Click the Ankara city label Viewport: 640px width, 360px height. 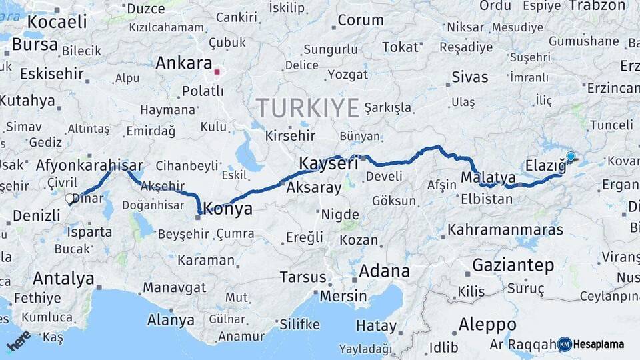(x=183, y=63)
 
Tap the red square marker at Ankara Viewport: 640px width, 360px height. (x=217, y=69)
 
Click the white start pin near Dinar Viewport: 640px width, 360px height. (x=69, y=198)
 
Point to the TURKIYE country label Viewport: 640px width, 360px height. (x=308, y=108)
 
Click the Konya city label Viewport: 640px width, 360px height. (x=228, y=209)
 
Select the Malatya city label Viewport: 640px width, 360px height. (x=488, y=178)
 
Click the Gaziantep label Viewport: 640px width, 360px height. (x=513, y=265)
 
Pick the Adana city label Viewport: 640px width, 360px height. (x=384, y=271)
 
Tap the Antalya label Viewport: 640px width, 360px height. (x=63, y=278)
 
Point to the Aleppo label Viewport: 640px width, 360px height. (x=487, y=325)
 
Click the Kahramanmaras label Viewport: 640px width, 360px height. (x=505, y=230)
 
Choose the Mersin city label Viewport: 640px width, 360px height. (x=343, y=295)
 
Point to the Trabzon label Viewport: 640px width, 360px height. (x=598, y=5)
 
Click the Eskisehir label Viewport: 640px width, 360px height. (x=51, y=73)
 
